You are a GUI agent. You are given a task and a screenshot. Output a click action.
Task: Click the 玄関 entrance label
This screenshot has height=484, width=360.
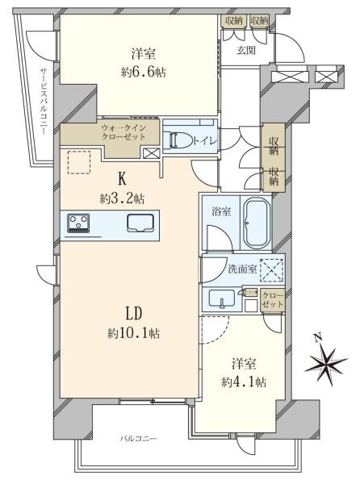coord(245,50)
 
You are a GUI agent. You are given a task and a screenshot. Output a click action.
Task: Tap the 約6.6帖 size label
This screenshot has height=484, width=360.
coord(140,72)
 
